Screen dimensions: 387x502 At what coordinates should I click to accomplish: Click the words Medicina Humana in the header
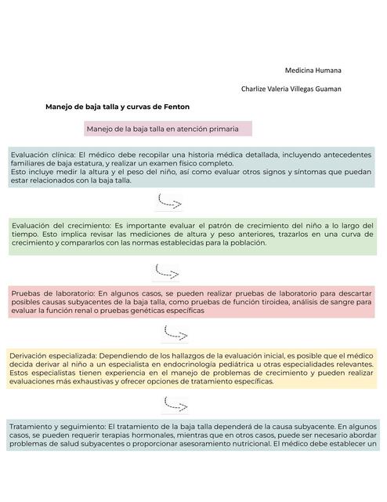click(313, 71)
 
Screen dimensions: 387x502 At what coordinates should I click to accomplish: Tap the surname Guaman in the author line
click(325, 89)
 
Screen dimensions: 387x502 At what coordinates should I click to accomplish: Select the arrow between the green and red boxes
click(167, 271)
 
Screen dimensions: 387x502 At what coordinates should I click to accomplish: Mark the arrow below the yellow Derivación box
click(174, 405)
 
